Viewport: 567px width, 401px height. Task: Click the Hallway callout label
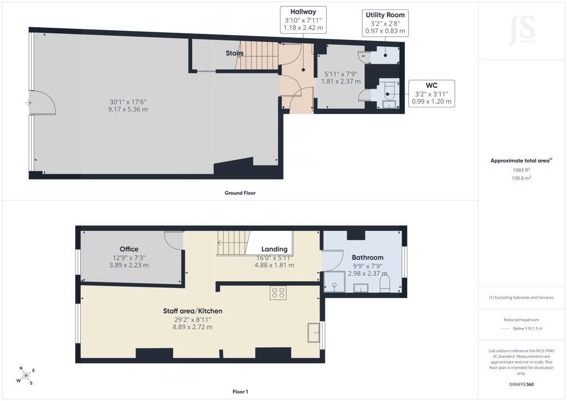pos(303,12)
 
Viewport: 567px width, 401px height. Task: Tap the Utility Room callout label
pos(385,15)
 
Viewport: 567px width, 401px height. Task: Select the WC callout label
pos(431,85)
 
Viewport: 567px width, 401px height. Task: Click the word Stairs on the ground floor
pos(234,53)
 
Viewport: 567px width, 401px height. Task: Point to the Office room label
pos(129,249)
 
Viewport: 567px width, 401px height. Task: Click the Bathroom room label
pos(368,258)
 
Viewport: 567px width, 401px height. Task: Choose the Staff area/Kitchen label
pos(192,311)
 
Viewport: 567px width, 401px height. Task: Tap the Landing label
pos(275,249)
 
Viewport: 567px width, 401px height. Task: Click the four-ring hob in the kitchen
pos(278,293)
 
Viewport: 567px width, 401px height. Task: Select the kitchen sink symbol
pos(313,332)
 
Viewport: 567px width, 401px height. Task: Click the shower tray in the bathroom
pos(334,282)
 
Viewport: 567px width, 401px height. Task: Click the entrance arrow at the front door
pos(28,103)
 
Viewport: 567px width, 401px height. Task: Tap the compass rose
pos(25,376)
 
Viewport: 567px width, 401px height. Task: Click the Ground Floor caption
pos(240,193)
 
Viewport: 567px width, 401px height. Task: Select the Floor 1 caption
pos(240,392)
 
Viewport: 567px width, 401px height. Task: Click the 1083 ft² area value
pos(522,170)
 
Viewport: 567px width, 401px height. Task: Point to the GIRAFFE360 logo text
pos(521,384)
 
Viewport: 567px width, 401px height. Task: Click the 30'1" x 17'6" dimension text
pos(128,102)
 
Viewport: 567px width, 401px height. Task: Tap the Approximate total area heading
pos(521,161)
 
